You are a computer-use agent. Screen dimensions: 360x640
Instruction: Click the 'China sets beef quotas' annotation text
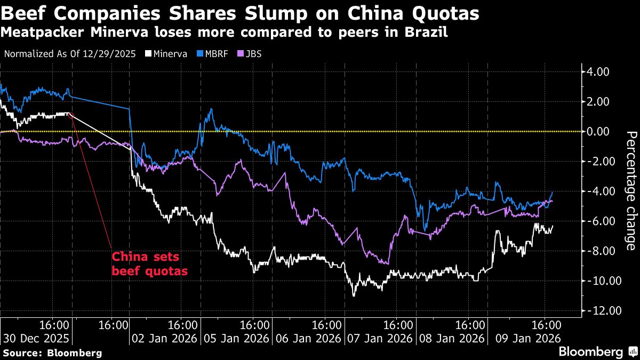pos(149,263)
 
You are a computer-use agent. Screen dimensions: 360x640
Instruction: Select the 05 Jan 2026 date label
pos(237,339)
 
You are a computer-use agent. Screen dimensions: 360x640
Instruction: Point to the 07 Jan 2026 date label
pos(379,339)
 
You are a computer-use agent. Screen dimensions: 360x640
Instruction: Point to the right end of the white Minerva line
pos(553,226)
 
